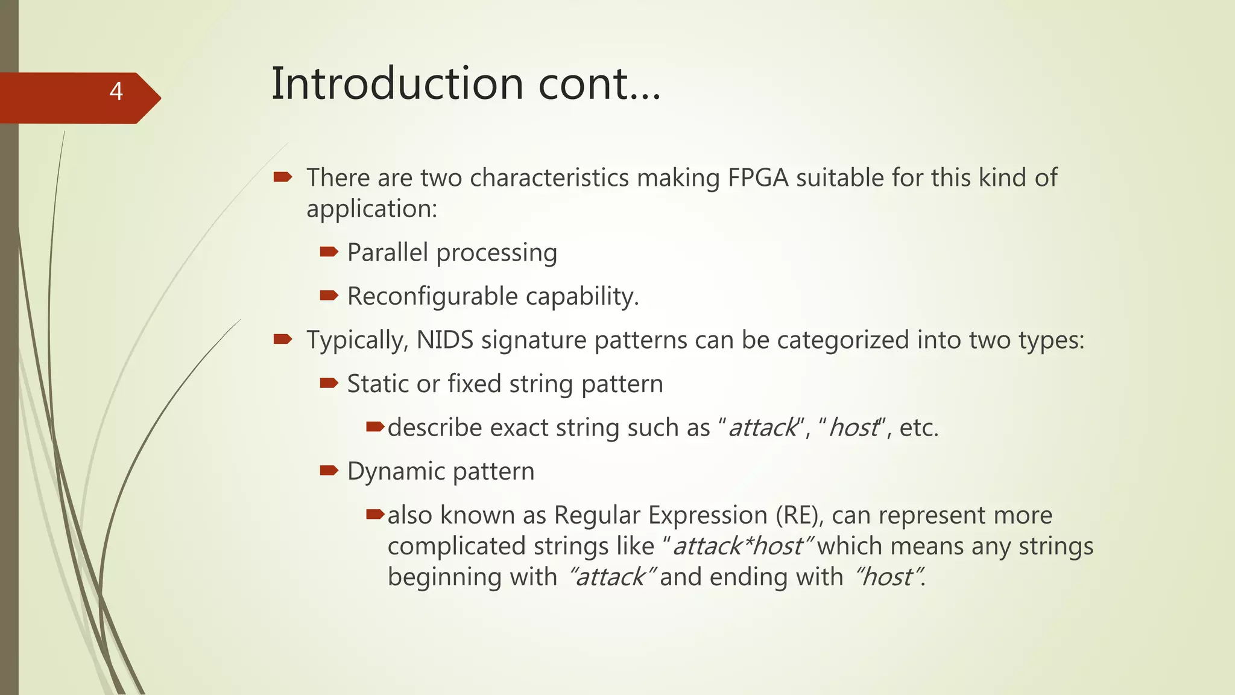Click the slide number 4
[x=116, y=92]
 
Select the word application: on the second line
[x=371, y=209]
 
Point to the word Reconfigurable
[x=432, y=296]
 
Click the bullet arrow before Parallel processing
[x=329, y=252]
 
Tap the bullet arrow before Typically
[x=282, y=339]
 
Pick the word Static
[x=372, y=384]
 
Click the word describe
[x=435, y=428]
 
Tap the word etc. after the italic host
[x=918, y=428]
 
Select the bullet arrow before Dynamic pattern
[x=329, y=471]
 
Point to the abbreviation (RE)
[x=797, y=515]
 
